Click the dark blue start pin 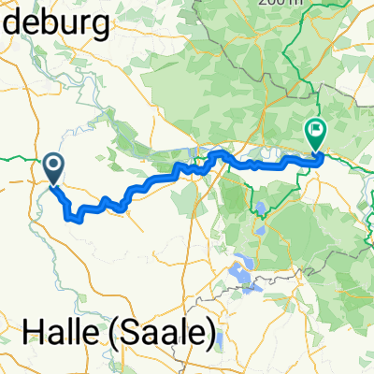tap(54, 169)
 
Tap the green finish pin tap(315, 137)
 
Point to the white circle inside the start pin tap(54, 165)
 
